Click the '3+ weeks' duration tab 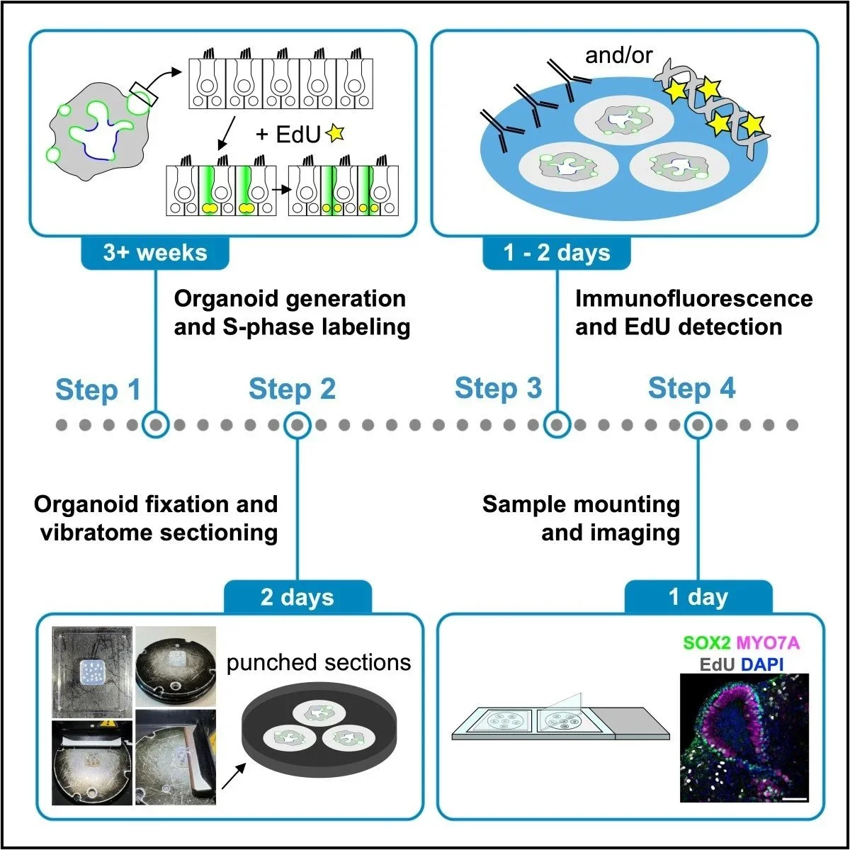155,253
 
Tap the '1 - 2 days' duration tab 556,253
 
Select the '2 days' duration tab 297,596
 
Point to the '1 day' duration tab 698,596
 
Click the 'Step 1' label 98,390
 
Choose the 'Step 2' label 292,390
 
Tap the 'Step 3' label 498,389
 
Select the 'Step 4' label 691,389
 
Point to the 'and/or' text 619,55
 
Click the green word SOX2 705,643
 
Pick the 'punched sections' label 319,662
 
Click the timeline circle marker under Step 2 297,425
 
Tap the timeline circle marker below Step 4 698,425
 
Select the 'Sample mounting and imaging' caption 581,518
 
